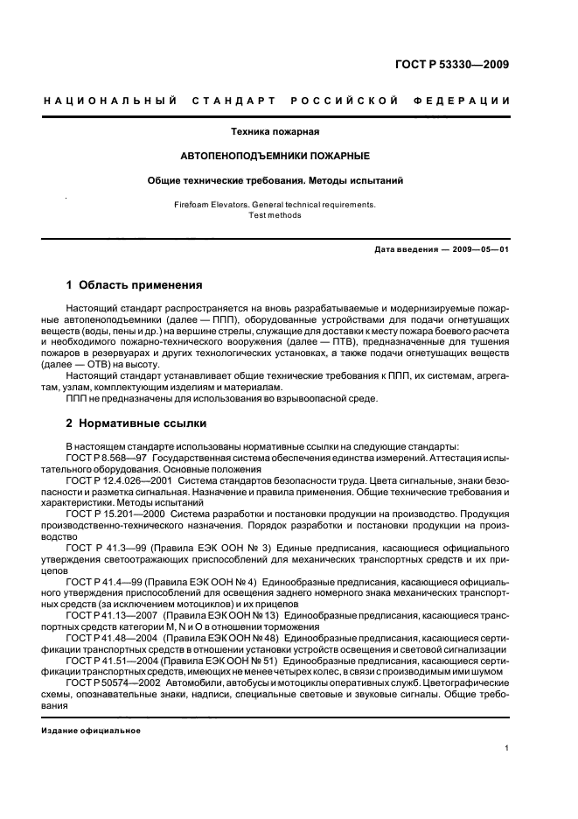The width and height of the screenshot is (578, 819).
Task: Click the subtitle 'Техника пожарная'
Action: (x=275, y=131)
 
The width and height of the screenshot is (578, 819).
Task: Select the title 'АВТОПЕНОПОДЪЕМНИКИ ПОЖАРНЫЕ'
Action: (x=275, y=156)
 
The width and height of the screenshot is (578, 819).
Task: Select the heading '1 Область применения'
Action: (x=135, y=284)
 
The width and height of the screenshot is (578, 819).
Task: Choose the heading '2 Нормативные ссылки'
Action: (x=136, y=423)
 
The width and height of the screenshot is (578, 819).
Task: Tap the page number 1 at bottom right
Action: (x=507, y=749)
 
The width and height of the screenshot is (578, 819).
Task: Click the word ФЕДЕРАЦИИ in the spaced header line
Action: (x=469, y=101)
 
